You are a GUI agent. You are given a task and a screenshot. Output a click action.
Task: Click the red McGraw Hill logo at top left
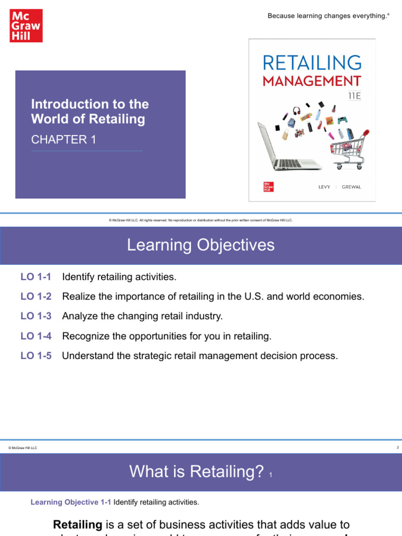coord(26,26)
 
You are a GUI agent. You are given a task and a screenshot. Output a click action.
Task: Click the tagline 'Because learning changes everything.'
coord(329,16)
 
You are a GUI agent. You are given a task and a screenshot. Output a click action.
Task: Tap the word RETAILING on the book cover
coord(312,63)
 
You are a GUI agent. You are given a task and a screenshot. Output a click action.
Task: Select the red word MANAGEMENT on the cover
coord(312,81)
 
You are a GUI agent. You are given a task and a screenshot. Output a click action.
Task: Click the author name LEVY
coord(324,187)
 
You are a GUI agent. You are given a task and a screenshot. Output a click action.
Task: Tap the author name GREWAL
coord(351,187)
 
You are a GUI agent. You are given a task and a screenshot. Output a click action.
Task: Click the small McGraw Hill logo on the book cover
coord(269,187)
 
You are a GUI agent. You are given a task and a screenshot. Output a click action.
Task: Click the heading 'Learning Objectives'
coord(200,245)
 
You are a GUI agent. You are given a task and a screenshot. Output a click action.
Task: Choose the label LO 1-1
coord(36,276)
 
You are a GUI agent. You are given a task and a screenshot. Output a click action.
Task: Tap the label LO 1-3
coord(36,316)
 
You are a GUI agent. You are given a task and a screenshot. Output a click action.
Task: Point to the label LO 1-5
coord(36,356)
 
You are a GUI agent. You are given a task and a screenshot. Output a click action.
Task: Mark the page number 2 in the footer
coord(398,448)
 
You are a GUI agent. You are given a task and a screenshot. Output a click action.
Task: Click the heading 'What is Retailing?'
coord(196,472)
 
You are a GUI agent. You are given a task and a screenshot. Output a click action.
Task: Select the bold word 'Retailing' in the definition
coord(77,524)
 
